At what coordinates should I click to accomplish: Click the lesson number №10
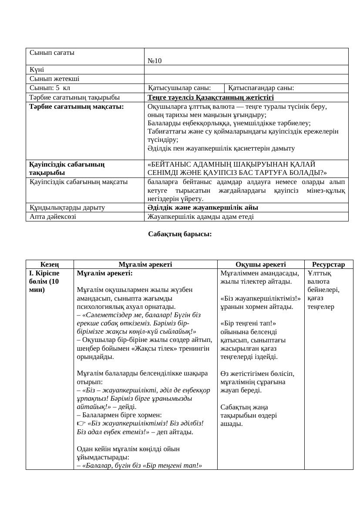pos(155,61)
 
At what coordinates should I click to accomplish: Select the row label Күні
pos(37,70)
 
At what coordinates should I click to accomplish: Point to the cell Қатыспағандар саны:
pos(261,88)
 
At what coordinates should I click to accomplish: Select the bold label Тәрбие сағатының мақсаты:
pos(77,106)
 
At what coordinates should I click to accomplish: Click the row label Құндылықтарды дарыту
pos(67,208)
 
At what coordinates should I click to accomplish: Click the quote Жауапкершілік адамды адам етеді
pos(200,216)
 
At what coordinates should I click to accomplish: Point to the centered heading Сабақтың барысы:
pos(180,234)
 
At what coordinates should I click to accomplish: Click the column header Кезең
pos(50,265)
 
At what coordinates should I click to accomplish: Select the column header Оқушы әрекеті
pos(260,265)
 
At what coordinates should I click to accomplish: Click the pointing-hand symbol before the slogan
pos(81,423)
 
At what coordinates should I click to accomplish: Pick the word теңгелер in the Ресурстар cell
pos(321,307)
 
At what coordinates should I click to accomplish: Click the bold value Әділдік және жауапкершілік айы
pos(203,208)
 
